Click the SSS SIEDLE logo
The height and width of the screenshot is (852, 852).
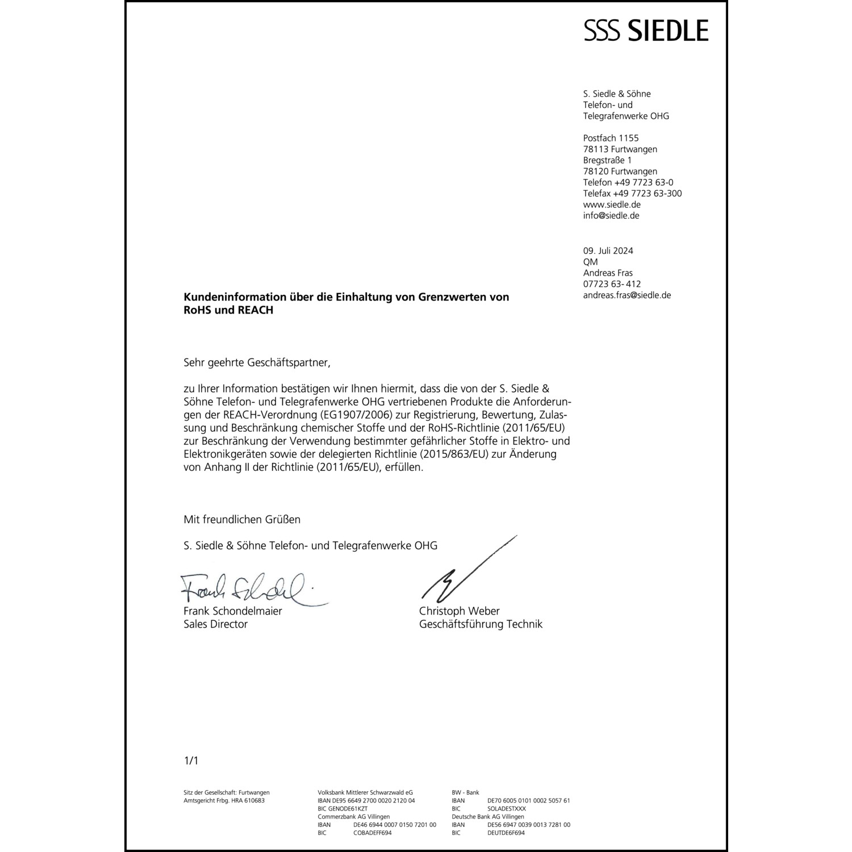point(646,30)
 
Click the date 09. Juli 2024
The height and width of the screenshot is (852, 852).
point(608,251)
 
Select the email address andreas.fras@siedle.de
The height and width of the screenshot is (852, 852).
point(627,295)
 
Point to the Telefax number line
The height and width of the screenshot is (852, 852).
point(632,194)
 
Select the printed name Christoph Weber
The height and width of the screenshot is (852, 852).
point(459,611)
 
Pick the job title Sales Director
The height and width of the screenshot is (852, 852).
point(215,624)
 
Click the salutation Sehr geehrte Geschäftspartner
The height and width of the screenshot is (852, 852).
point(256,362)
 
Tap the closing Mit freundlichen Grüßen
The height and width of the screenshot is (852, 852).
point(242,520)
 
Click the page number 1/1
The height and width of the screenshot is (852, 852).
point(191,761)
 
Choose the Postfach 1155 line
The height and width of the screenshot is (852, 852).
point(611,138)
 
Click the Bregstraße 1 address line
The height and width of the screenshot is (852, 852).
point(607,160)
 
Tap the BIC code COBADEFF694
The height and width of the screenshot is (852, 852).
point(372,833)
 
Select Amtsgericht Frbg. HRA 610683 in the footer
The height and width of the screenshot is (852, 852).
point(224,801)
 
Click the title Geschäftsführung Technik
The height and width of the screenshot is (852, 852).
point(481,624)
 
